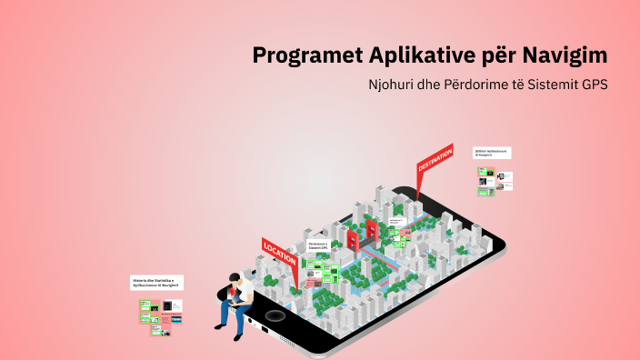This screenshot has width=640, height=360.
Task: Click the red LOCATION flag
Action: point(279,252)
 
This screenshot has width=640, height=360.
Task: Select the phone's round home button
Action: point(274,315)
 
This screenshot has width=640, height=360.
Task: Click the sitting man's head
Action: point(235,279)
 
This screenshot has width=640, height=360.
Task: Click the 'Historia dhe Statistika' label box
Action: point(157,283)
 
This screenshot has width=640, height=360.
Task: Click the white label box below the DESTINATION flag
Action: point(492,153)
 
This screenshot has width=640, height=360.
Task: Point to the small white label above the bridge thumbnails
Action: point(396,221)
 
